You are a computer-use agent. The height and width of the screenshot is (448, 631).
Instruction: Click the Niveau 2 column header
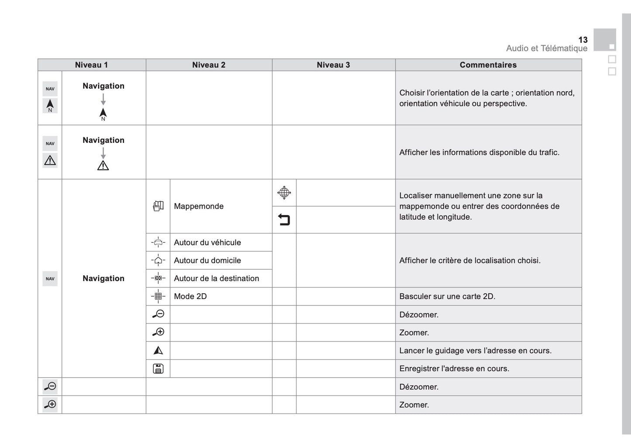(209, 65)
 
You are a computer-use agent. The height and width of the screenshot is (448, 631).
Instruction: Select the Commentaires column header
(488, 65)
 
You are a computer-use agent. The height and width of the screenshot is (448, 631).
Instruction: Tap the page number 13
(583, 40)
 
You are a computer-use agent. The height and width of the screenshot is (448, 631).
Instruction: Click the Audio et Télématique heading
(547, 49)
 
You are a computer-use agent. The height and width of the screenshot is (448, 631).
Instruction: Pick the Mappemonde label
(199, 206)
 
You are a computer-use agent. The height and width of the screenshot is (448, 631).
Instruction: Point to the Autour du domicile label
(207, 260)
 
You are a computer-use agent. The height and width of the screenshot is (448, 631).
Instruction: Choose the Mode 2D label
(190, 296)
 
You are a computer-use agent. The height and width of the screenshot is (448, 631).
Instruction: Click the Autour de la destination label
(216, 278)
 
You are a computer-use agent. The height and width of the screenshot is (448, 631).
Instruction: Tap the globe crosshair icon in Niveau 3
(284, 193)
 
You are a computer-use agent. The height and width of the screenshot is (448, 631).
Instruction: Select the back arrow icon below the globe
(284, 220)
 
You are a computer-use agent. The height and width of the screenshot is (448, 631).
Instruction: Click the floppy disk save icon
(158, 368)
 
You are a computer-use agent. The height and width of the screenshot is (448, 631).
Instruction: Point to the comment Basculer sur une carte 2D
(447, 296)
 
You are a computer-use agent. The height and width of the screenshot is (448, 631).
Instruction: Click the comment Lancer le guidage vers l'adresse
(475, 351)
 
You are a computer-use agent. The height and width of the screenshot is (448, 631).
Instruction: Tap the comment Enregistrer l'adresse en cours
(454, 368)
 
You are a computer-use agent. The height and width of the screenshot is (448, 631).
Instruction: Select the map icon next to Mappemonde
(158, 206)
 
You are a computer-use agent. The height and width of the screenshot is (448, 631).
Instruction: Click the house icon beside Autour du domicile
(158, 260)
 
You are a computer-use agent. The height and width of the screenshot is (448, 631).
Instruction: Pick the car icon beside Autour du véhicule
(158, 243)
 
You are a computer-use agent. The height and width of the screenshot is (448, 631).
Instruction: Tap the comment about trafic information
(479, 153)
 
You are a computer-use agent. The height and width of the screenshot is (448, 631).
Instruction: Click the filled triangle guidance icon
(158, 351)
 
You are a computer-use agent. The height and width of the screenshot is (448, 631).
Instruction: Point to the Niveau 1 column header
(91, 65)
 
